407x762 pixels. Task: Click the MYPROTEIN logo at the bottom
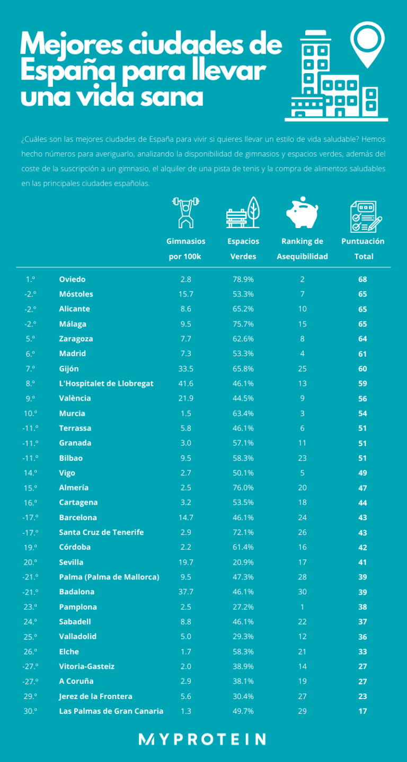(202, 739)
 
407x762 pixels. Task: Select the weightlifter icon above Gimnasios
(185, 212)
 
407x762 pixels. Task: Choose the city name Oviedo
(72, 279)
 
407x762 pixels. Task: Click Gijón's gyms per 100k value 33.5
(185, 369)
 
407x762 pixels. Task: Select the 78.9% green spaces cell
(243, 279)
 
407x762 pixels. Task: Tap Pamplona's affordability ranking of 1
(302, 607)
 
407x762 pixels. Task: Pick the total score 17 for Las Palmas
(362, 711)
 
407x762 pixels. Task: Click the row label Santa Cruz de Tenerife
(101, 532)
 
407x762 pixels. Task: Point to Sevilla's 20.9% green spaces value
(243, 562)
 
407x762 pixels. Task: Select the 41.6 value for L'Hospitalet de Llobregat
(185, 384)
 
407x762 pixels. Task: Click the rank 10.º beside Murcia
(30, 413)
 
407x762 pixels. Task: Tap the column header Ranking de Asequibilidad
(302, 249)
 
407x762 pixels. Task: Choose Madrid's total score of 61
(362, 353)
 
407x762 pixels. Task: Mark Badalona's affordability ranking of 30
(302, 592)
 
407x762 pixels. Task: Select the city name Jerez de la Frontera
(96, 696)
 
